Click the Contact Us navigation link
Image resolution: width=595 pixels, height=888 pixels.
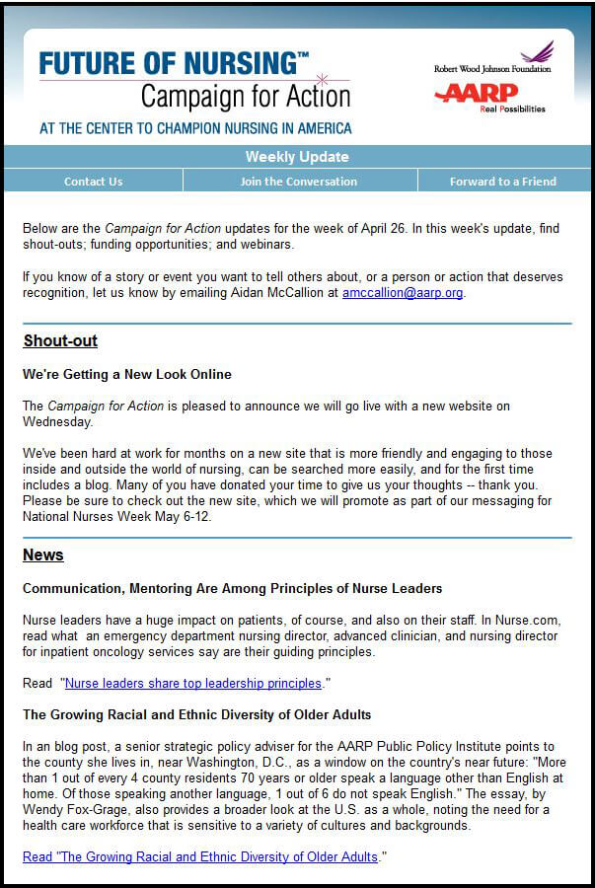(93, 182)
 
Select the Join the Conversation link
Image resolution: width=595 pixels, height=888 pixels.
(299, 182)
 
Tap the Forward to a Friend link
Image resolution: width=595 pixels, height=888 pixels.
(503, 182)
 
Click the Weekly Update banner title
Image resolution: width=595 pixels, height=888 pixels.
(297, 157)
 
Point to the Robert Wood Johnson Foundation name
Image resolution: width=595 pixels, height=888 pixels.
(492, 69)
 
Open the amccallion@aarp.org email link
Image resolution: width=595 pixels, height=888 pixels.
(403, 293)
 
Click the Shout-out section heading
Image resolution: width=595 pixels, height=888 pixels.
(60, 341)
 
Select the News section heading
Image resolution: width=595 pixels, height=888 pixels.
(43, 555)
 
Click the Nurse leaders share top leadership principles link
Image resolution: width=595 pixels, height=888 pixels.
(193, 683)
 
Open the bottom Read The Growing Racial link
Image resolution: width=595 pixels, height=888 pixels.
(200, 856)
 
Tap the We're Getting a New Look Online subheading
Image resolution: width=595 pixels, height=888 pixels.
(127, 375)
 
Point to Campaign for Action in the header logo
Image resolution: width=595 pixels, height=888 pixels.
(245, 97)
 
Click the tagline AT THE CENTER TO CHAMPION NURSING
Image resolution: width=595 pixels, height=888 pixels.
(195, 128)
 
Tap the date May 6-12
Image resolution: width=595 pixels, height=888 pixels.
(184, 517)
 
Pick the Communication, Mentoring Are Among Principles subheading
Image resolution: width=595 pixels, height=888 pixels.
(232, 588)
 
